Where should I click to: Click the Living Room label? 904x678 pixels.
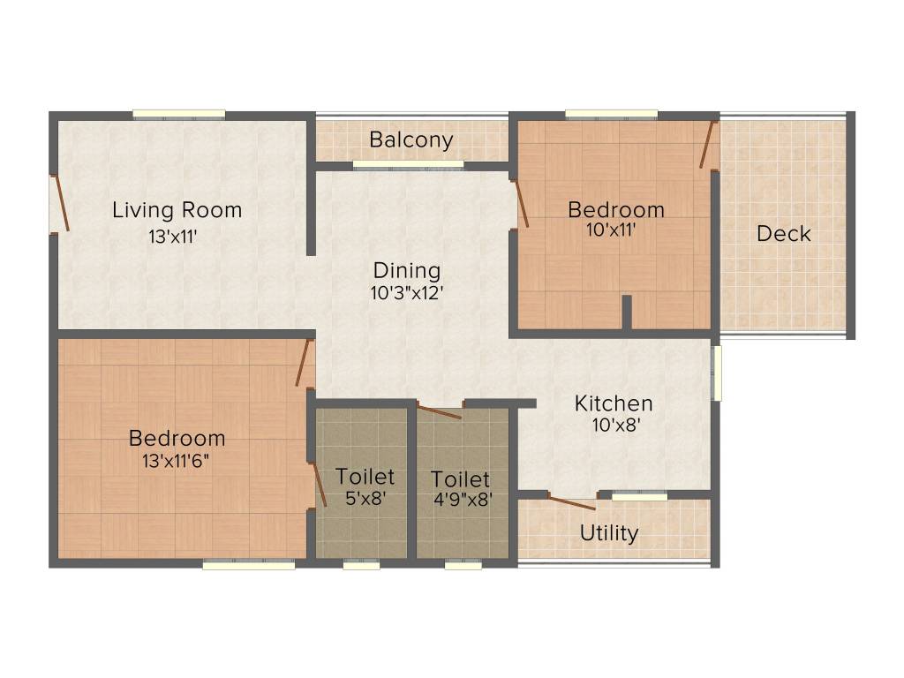click(x=177, y=210)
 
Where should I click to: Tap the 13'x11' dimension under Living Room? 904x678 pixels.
click(x=173, y=237)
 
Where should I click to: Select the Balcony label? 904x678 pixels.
click(x=411, y=140)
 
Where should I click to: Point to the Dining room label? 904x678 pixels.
click(x=407, y=271)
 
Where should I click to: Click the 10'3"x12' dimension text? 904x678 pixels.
click(x=407, y=293)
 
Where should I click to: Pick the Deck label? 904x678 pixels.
click(x=784, y=233)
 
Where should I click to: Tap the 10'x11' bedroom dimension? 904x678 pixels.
click(x=611, y=230)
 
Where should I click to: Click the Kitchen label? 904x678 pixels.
click(x=614, y=403)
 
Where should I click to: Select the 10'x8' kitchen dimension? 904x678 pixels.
click(x=616, y=426)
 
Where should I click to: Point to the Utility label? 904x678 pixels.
click(x=609, y=533)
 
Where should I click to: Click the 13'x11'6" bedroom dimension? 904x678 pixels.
click(x=176, y=461)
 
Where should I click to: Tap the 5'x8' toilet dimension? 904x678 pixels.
click(x=365, y=498)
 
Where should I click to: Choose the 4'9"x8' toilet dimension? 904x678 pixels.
click(x=463, y=500)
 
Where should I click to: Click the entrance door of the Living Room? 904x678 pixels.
click(x=60, y=203)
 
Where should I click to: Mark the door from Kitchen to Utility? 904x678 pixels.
click(x=571, y=502)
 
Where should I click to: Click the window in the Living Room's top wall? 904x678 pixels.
click(x=179, y=116)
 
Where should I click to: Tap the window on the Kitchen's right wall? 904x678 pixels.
click(x=717, y=373)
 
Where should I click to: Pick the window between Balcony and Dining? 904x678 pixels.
click(x=408, y=165)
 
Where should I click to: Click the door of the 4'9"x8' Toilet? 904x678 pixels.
click(x=440, y=411)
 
